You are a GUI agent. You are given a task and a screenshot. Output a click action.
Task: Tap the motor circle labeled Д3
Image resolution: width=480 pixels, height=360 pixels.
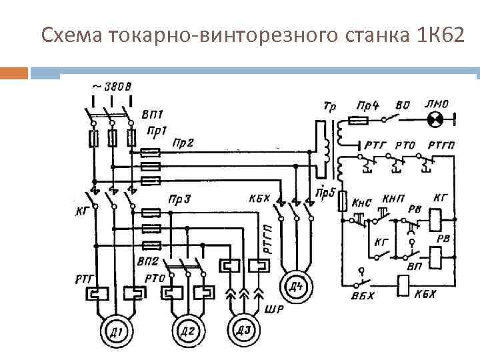coord(245,328)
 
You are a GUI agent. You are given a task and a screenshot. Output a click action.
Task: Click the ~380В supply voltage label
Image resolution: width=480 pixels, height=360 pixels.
coord(111,86)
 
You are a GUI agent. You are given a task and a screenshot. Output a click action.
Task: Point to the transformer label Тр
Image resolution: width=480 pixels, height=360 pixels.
coord(329,106)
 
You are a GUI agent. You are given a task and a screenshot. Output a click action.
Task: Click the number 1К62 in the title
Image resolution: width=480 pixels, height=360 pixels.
coord(433,35)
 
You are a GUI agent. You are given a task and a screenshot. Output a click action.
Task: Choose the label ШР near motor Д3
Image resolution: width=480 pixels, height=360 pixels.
coord(274,307)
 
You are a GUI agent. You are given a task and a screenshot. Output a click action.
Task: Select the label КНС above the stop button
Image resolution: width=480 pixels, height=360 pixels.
coord(360,201)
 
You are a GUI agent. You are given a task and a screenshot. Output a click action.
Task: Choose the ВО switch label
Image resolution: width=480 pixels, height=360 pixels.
coord(403,105)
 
